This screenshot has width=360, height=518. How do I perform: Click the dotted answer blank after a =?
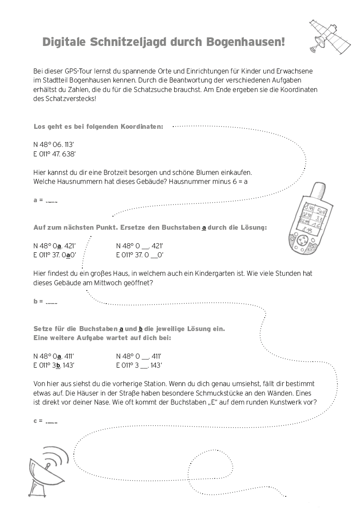click(x=52, y=200)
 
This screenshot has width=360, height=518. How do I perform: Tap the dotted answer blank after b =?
click(x=52, y=302)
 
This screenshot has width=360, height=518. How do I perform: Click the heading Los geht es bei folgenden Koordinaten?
click(x=99, y=127)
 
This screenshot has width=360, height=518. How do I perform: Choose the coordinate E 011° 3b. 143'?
click(x=54, y=365)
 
